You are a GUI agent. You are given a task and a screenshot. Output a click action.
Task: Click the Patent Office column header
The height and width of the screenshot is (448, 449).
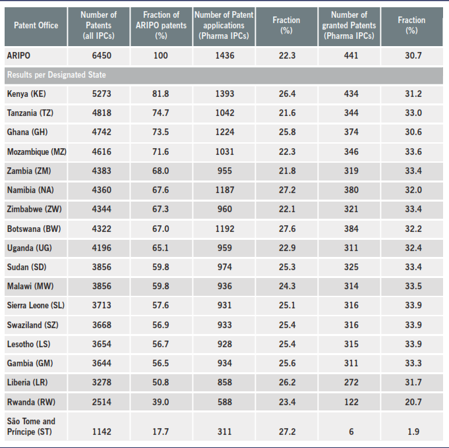(36, 25)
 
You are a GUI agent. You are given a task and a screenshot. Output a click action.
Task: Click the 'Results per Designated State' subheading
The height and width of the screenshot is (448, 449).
(56, 75)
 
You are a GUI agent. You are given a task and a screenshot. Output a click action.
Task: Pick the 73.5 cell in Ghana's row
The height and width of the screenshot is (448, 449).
(160, 132)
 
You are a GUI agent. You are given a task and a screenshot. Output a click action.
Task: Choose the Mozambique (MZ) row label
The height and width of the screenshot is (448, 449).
(37, 152)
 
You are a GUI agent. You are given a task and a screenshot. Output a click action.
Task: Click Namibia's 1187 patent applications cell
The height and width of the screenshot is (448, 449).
(224, 190)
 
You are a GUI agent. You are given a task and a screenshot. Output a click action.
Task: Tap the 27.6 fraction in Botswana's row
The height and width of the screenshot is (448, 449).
(287, 229)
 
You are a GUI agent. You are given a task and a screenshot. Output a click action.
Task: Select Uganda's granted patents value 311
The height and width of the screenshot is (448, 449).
(351, 248)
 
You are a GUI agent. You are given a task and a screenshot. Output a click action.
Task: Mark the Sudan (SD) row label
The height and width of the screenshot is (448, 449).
(27, 267)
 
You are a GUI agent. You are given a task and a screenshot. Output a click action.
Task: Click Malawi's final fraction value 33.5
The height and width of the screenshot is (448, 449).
(413, 287)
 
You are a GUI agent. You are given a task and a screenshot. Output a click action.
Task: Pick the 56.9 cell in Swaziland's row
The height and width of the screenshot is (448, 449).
(160, 325)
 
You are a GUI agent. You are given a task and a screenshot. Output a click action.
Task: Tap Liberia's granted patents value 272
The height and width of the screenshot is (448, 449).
(351, 383)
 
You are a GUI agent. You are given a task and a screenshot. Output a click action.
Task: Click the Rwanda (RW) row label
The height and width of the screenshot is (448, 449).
(30, 402)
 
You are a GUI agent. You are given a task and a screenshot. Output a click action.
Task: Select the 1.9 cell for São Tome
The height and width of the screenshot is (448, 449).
(413, 432)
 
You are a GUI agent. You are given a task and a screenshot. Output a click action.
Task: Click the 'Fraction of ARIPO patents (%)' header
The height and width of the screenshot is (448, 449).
(160, 25)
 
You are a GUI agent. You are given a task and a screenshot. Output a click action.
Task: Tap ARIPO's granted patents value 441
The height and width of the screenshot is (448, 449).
(351, 56)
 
